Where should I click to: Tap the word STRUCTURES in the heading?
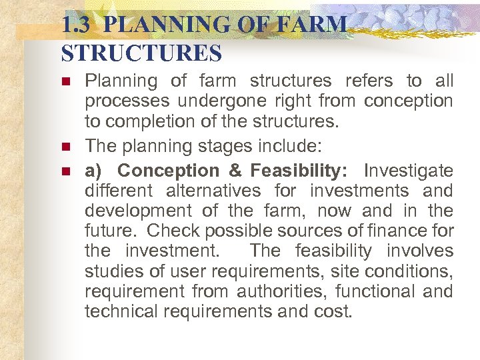[x=141, y=53]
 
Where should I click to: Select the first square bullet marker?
[x=65, y=82]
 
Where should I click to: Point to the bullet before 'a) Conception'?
[x=65, y=171]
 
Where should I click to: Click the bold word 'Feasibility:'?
[x=299, y=170]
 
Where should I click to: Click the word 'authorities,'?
[x=280, y=291]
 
